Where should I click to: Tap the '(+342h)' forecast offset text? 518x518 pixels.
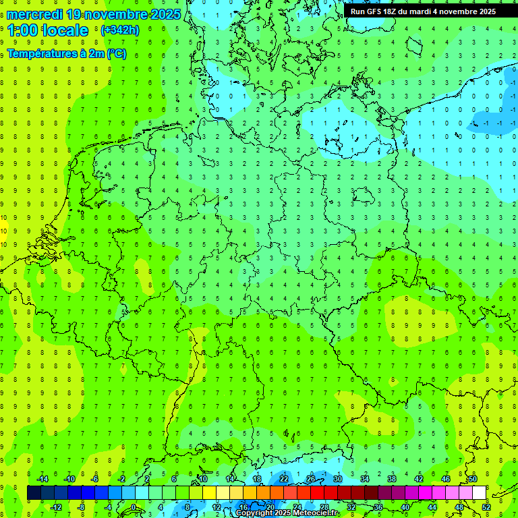pyautogui.click(x=119, y=30)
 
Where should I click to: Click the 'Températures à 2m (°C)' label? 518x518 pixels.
pyautogui.click(x=66, y=54)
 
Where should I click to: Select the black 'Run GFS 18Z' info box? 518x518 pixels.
pyautogui.click(x=423, y=11)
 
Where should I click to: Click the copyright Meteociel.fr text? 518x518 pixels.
pyautogui.click(x=287, y=513)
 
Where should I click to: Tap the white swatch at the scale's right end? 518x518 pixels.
pyautogui.click(x=480, y=493)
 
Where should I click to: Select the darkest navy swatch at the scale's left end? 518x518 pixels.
pyautogui.click(x=34, y=493)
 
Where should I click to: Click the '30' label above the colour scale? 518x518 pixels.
pyautogui.click(x=338, y=479)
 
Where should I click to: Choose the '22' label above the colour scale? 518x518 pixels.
pyautogui.click(x=284, y=479)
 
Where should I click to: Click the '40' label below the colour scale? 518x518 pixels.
pyautogui.click(x=405, y=507)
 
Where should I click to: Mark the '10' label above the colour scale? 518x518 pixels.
pyautogui.click(x=203, y=479)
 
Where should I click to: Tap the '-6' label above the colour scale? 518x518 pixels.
pyautogui.click(x=95, y=479)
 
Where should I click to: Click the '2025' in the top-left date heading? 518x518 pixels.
pyautogui.click(x=165, y=13)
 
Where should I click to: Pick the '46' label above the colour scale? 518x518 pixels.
pyautogui.click(x=446, y=479)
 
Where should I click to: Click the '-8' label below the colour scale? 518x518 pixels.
pyautogui.click(x=82, y=507)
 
